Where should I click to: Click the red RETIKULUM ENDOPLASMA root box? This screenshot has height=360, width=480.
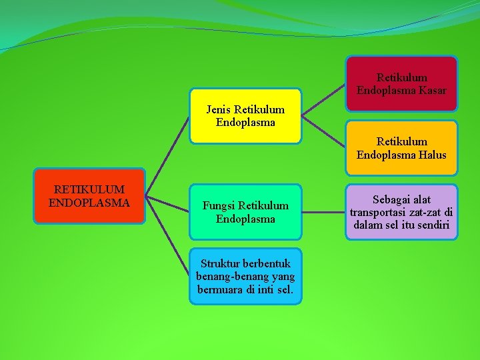click(89, 195)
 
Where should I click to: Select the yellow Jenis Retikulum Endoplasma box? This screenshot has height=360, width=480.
click(245, 116)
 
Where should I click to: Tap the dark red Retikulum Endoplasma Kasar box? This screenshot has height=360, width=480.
click(401, 84)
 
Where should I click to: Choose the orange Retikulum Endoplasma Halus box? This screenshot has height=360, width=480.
click(401, 148)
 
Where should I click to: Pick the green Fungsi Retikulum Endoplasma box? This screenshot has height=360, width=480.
click(245, 212)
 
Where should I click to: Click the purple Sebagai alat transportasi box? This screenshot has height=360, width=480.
click(401, 212)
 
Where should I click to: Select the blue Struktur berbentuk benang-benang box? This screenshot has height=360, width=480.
click(245, 276)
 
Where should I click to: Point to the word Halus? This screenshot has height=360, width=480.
click(431, 155)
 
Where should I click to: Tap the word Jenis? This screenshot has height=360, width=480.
click(219, 109)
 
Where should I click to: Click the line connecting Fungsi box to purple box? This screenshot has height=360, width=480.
click(324, 213)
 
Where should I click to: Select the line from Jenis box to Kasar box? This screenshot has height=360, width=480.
click(324, 99)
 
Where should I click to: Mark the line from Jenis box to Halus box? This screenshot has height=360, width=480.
click(324, 131)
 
